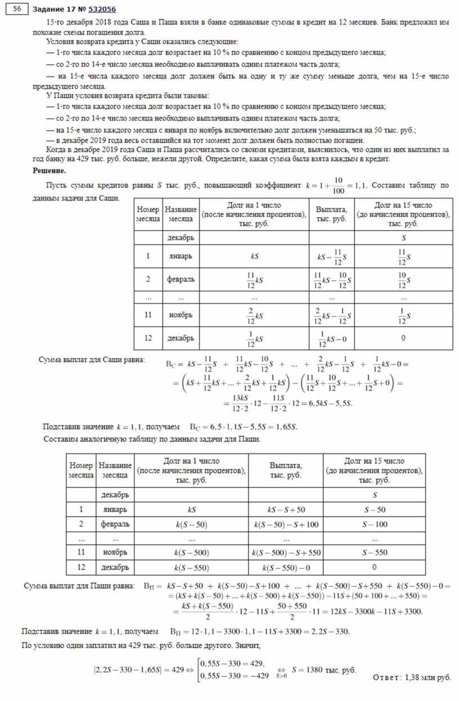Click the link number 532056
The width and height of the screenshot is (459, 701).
103,10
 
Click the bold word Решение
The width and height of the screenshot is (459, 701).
49,170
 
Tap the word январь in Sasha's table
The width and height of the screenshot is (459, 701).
181,256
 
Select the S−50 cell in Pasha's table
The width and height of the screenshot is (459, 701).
374,510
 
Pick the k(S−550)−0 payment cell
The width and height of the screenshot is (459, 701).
286,567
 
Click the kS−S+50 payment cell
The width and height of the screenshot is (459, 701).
286,510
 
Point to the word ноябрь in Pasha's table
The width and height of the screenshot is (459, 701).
115,553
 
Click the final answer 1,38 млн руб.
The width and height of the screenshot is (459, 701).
428,677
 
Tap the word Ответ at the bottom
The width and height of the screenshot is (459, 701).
386,677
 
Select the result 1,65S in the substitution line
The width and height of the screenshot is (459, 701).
285,427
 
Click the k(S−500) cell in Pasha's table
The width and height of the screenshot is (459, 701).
192,553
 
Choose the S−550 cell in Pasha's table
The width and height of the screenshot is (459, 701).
374,553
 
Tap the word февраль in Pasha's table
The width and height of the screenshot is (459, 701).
115,524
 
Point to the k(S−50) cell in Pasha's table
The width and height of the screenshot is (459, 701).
192,524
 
